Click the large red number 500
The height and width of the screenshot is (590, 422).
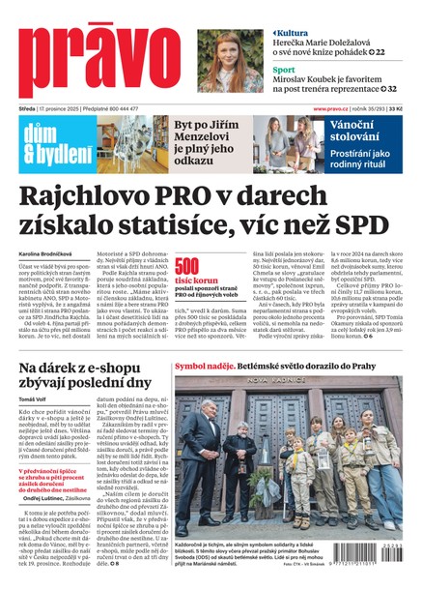(x=187, y=268)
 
